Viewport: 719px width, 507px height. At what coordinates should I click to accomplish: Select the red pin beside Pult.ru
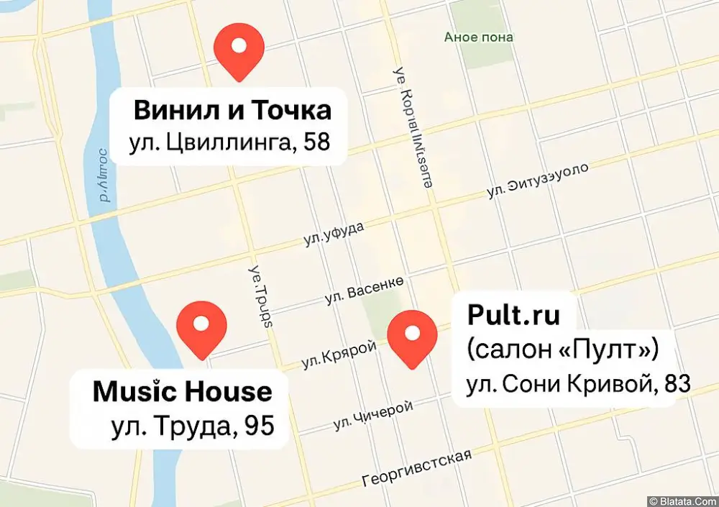(x=412, y=336)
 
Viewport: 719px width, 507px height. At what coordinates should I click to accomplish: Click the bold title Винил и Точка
(x=232, y=111)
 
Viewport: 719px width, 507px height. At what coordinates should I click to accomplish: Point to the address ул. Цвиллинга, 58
(x=229, y=142)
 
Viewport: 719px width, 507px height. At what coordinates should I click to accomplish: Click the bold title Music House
(x=183, y=392)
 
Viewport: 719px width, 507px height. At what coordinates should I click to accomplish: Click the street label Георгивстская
(x=417, y=468)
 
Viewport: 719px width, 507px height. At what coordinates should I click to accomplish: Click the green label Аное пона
(x=478, y=37)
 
